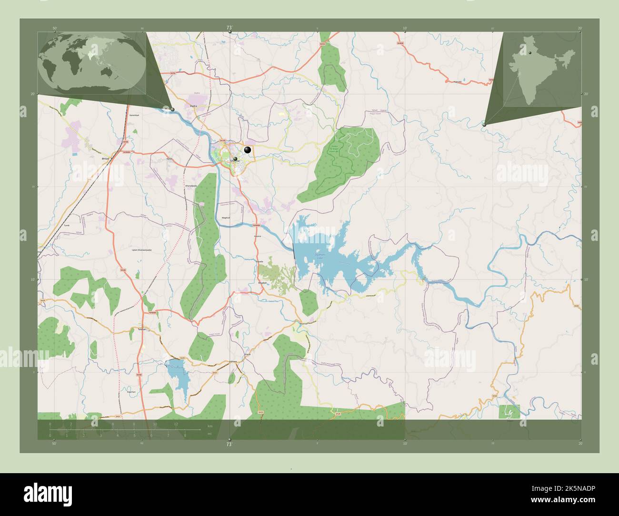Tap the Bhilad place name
(106, 158)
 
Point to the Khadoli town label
(262, 283)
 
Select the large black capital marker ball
(247, 150)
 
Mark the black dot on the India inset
(529, 52)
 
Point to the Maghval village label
(225, 218)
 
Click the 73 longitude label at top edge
(229, 28)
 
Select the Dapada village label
(259, 261)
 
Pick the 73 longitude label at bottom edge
(229, 444)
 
